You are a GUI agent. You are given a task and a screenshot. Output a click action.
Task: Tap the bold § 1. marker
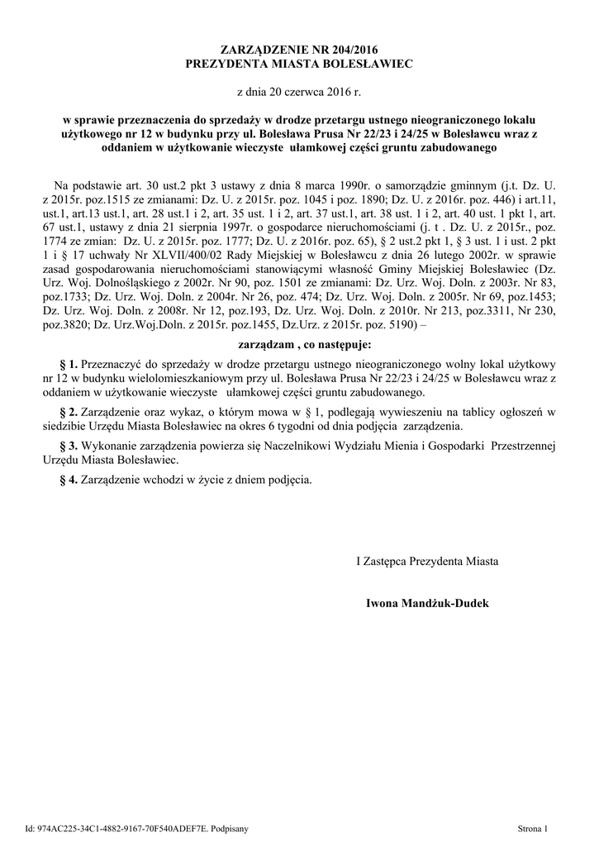(69, 363)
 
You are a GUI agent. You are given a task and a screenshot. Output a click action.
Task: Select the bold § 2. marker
(69, 412)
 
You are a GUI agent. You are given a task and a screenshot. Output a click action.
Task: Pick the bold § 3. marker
(69, 446)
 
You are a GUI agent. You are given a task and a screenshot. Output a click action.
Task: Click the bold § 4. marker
(69, 480)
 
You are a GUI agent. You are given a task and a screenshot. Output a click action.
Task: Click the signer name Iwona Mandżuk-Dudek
(427, 604)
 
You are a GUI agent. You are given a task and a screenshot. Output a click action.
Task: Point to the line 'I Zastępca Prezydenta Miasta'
(427, 562)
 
